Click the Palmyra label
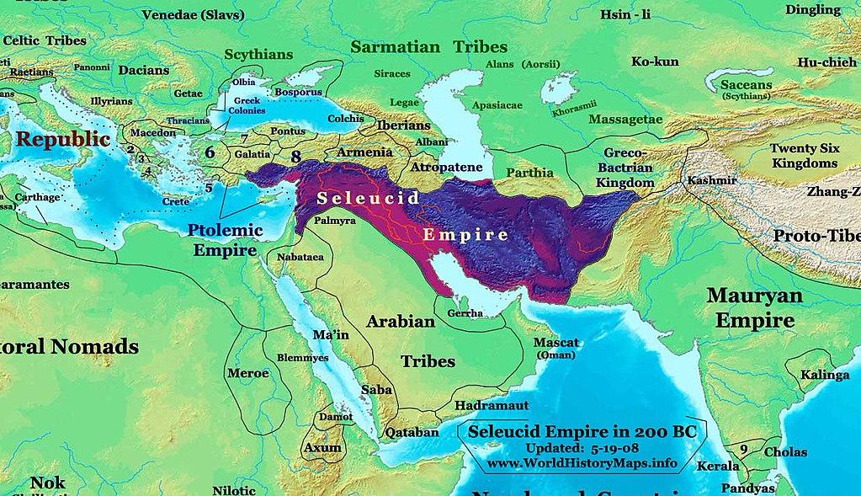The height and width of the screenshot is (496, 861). click(335, 221)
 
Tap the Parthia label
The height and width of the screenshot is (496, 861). click(530, 173)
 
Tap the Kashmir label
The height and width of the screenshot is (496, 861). click(712, 180)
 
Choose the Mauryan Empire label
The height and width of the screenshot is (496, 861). click(750, 307)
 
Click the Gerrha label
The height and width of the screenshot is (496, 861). click(465, 312)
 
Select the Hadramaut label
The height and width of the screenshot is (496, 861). click(490, 405)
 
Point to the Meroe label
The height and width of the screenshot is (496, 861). click(248, 372)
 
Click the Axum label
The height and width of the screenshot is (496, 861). click(323, 447)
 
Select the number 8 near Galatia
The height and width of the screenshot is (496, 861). click(295, 156)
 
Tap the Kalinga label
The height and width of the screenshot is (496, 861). click(824, 375)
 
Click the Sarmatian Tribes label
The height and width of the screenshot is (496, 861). click(428, 46)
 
